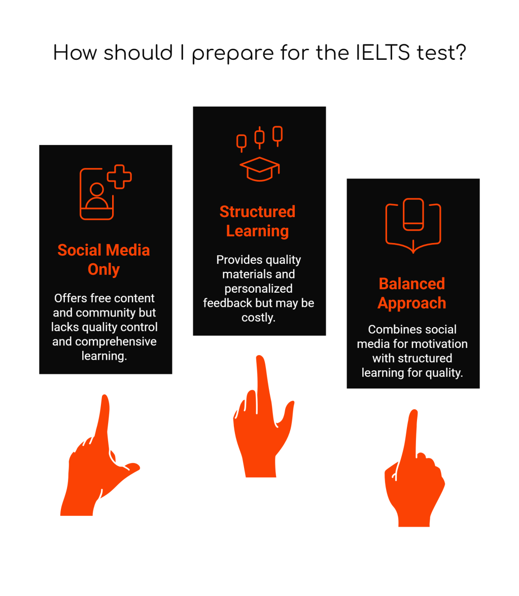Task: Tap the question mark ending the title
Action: pyautogui.click(x=460, y=53)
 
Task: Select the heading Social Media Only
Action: pyautogui.click(x=103, y=259)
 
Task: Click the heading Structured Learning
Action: pyautogui.click(x=257, y=221)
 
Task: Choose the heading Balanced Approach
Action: pyautogui.click(x=412, y=293)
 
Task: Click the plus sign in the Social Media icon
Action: pyautogui.click(x=120, y=177)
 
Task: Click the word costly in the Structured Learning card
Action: pyautogui.click(x=258, y=317)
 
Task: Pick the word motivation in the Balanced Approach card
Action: pyautogui.click(x=441, y=344)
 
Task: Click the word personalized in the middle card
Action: pyautogui.click(x=258, y=289)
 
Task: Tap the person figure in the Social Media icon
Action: pyautogui.click(x=96, y=196)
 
